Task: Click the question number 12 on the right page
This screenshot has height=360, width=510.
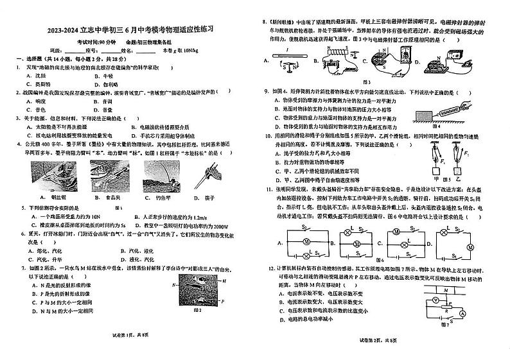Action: click(x=265, y=266)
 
